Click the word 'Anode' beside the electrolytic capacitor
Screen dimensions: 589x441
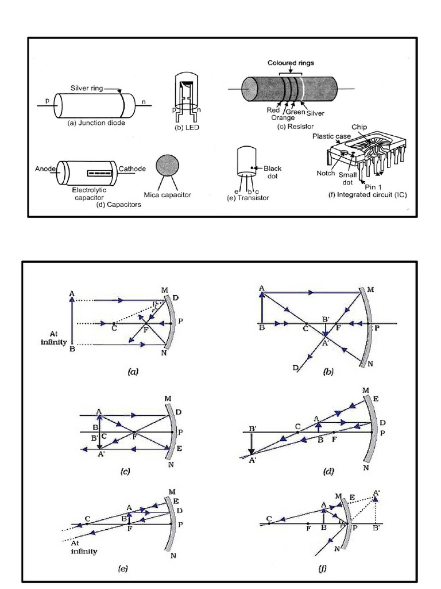[46, 169]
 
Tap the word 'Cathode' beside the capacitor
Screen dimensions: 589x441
[132, 169]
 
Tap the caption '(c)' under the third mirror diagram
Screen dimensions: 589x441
[125, 472]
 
